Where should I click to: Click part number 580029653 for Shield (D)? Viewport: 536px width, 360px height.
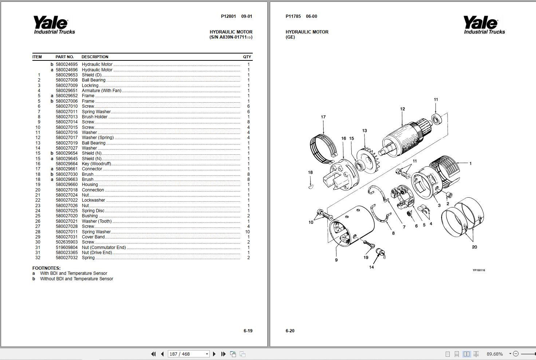click(x=67, y=75)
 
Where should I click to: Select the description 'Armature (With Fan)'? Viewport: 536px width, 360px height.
click(x=102, y=91)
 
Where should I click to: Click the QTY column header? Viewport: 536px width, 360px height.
click(x=247, y=57)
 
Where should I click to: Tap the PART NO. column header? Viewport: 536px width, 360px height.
click(x=64, y=57)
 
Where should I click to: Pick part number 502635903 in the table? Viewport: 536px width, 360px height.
click(x=67, y=242)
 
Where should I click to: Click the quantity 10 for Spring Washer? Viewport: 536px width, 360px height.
click(x=248, y=232)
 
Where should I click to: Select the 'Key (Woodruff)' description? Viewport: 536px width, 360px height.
click(x=96, y=164)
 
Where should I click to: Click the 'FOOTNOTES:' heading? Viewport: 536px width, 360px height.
click(x=46, y=268)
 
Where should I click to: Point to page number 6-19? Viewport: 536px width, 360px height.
click(x=248, y=331)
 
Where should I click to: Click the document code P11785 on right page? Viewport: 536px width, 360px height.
click(x=293, y=16)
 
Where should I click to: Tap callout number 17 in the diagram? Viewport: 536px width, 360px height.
click(x=323, y=117)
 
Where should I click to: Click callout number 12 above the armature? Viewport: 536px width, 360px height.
click(x=402, y=109)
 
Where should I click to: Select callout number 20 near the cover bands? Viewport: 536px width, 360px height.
click(x=474, y=247)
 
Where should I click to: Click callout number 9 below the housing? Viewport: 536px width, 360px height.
click(x=336, y=260)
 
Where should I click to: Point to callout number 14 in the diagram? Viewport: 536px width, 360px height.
click(x=371, y=267)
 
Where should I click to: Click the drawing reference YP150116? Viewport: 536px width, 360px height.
click(x=479, y=270)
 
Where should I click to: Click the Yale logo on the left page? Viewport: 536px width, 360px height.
click(x=54, y=25)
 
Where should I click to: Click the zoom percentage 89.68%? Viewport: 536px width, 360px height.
click(x=494, y=354)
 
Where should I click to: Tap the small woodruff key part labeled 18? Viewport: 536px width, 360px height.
click(x=310, y=187)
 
